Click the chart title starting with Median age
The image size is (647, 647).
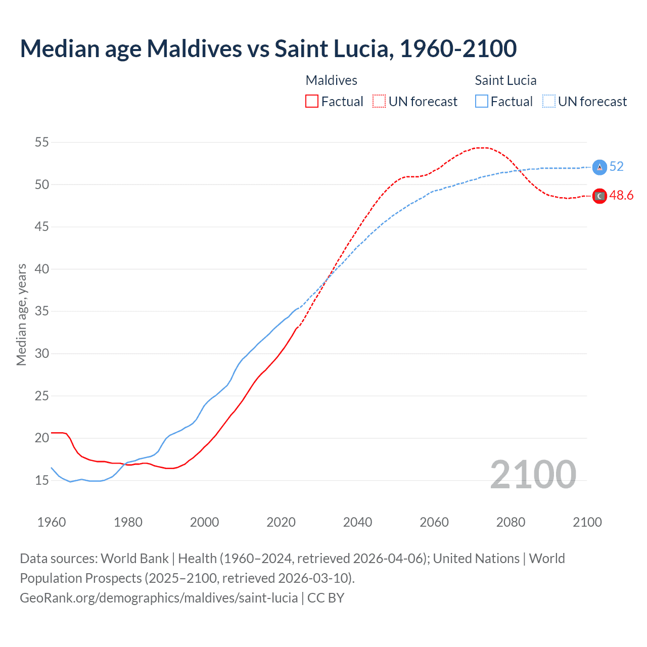[268, 49]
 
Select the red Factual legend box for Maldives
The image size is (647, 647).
[312, 102]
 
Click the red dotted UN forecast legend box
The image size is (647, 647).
[379, 102]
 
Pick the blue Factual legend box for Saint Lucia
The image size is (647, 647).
[481, 102]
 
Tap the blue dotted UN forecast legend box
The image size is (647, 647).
[548, 102]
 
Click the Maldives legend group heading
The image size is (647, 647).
[331, 80]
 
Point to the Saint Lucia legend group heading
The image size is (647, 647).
[505, 80]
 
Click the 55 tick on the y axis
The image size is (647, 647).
[42, 143]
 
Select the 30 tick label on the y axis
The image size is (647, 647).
[42, 353]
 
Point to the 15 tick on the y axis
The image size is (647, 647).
[42, 480]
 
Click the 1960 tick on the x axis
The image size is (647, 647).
[52, 522]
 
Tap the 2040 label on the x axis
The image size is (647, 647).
[357, 522]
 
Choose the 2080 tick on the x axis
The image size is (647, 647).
[511, 522]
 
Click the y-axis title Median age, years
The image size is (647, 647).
[21, 314]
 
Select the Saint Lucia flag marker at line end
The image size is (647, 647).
[599, 167]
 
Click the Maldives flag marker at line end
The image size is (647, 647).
[599, 196]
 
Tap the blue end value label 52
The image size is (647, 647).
[616, 167]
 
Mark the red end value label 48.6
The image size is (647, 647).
[621, 196]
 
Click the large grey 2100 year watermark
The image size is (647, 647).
[533, 474]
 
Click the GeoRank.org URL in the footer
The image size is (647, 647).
[159, 598]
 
